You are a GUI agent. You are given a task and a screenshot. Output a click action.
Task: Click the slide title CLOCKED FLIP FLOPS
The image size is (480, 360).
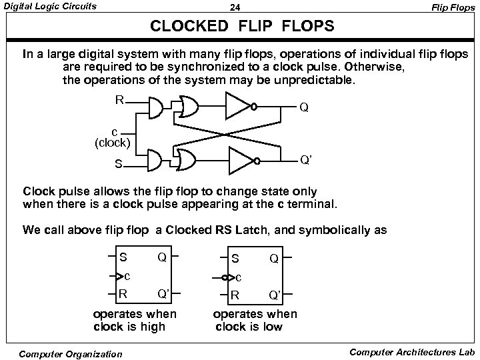pos(241,28)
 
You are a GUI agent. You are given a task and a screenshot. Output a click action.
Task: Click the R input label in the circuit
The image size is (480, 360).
pos(119,101)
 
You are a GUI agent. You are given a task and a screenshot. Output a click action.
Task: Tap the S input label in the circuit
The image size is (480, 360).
pos(118,163)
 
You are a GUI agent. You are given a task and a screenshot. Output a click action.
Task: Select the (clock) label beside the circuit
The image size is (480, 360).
pos(113,142)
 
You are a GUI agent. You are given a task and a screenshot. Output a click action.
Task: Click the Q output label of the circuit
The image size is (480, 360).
pos(303,107)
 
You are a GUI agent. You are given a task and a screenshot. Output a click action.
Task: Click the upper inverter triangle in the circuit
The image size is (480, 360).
pos(239,104)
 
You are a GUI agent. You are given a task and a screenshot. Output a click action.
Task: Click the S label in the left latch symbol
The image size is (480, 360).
pos(123,257)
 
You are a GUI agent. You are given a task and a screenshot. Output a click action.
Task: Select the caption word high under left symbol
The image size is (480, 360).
pos(151,327)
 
